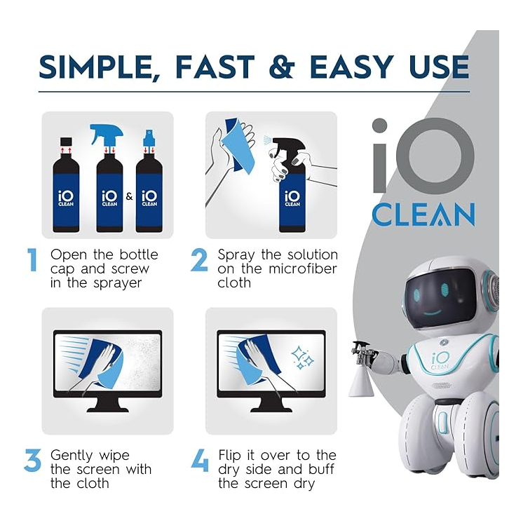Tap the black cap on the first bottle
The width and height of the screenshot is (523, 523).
point(68,142)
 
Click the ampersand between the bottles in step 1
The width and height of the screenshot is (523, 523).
point(129,197)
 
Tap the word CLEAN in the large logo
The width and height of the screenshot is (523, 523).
point(423,215)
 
